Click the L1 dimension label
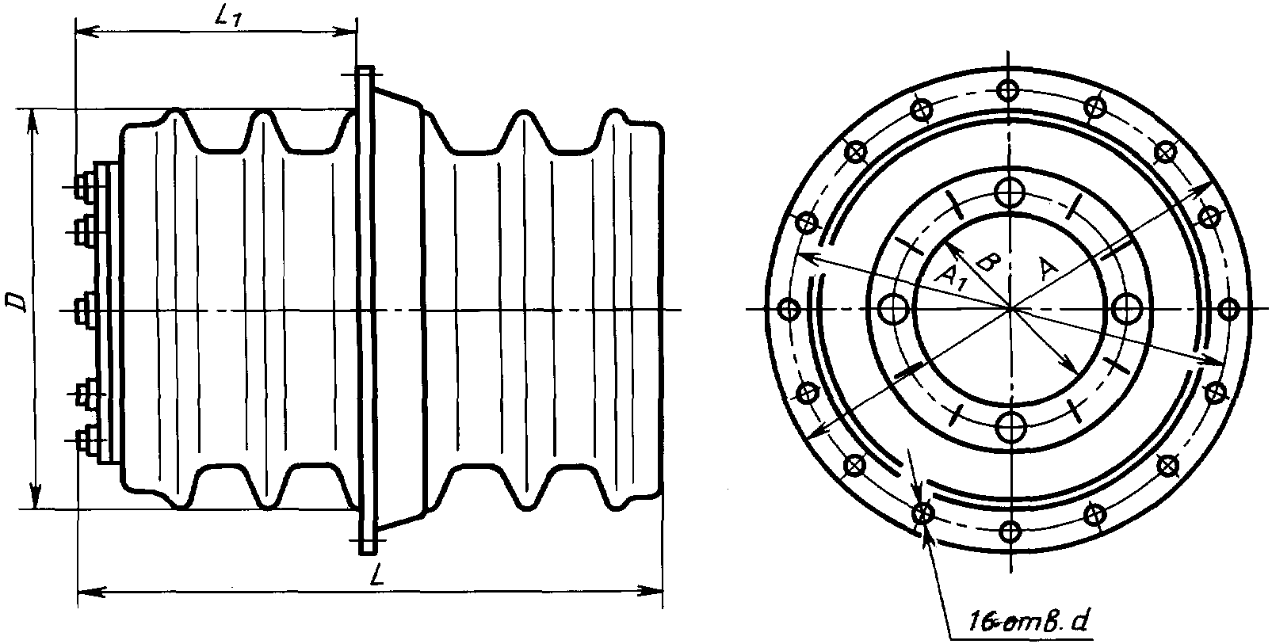click(228, 17)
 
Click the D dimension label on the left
click(15, 302)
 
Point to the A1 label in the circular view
click(950, 278)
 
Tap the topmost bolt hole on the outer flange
click(1009, 90)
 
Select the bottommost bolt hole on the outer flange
click(1010, 532)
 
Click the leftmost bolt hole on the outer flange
click(789, 310)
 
